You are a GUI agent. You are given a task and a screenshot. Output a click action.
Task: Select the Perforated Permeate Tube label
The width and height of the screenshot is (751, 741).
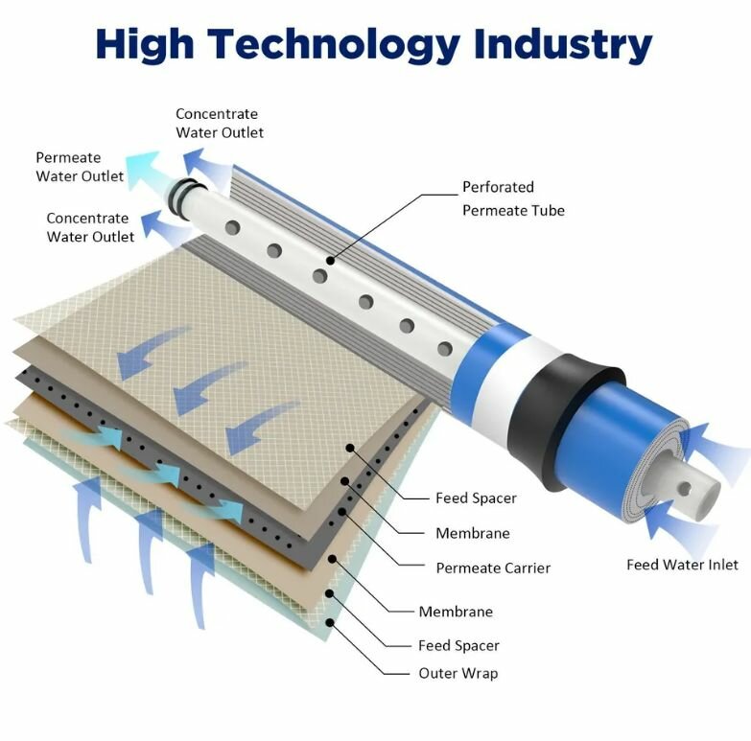coord(513,198)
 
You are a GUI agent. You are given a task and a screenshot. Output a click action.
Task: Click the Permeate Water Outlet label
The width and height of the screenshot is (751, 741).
coord(80,167)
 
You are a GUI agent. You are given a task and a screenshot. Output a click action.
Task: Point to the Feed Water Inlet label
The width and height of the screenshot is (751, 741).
coord(682,565)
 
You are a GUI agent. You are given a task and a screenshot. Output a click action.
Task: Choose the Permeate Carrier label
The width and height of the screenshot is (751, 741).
coord(493,568)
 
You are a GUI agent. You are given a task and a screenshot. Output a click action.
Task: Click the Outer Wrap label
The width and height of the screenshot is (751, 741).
coord(458,673)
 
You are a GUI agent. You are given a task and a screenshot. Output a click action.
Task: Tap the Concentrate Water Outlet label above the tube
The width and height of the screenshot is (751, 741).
coord(219,124)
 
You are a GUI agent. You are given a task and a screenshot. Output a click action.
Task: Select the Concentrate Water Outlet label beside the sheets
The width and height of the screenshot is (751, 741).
coord(90,227)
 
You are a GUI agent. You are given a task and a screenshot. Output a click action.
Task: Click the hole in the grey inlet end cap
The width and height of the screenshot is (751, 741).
coord(685,489)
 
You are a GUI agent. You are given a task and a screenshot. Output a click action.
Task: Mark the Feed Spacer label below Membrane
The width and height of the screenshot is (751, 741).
coord(458,645)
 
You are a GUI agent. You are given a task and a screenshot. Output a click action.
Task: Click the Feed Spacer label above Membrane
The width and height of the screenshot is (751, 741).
coord(476,498)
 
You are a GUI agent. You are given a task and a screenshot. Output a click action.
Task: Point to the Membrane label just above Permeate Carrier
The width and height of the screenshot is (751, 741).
coord(472,533)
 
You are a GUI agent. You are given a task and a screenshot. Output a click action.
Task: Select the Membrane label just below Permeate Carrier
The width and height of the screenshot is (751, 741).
coord(456,612)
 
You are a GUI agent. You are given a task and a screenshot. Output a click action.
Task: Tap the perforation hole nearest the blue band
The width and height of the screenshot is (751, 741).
coord(444,349)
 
